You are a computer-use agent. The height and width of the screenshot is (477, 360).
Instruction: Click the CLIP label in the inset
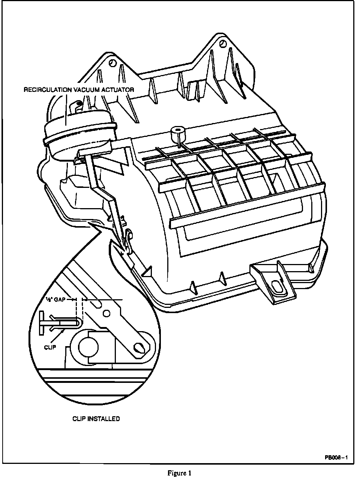49,347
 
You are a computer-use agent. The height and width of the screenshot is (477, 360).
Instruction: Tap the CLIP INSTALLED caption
96,418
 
